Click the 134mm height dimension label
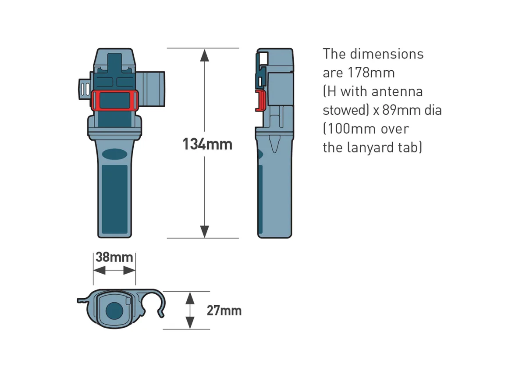pyautogui.click(x=207, y=144)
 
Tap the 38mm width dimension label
pyautogui.click(x=114, y=257)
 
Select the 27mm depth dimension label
pyautogui.click(x=224, y=311)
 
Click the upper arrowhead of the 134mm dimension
pyautogui.click(x=205, y=55)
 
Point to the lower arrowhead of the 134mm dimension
pyautogui.click(x=205, y=231)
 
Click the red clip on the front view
pyautogui.click(x=115, y=100)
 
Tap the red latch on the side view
pyautogui.click(x=261, y=101)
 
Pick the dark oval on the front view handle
pyautogui.click(x=114, y=154)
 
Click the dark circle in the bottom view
pyautogui.click(x=114, y=311)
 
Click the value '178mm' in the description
pyautogui.click(x=371, y=73)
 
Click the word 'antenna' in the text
pyautogui.click(x=397, y=91)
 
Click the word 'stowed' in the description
pyautogui.click(x=344, y=110)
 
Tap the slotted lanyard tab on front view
pyautogui.click(x=84, y=90)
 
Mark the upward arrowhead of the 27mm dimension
pyautogui.click(x=190, y=298)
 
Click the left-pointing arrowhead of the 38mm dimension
pyautogui.click(x=100, y=270)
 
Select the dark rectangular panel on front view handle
pyautogui.click(x=114, y=199)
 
